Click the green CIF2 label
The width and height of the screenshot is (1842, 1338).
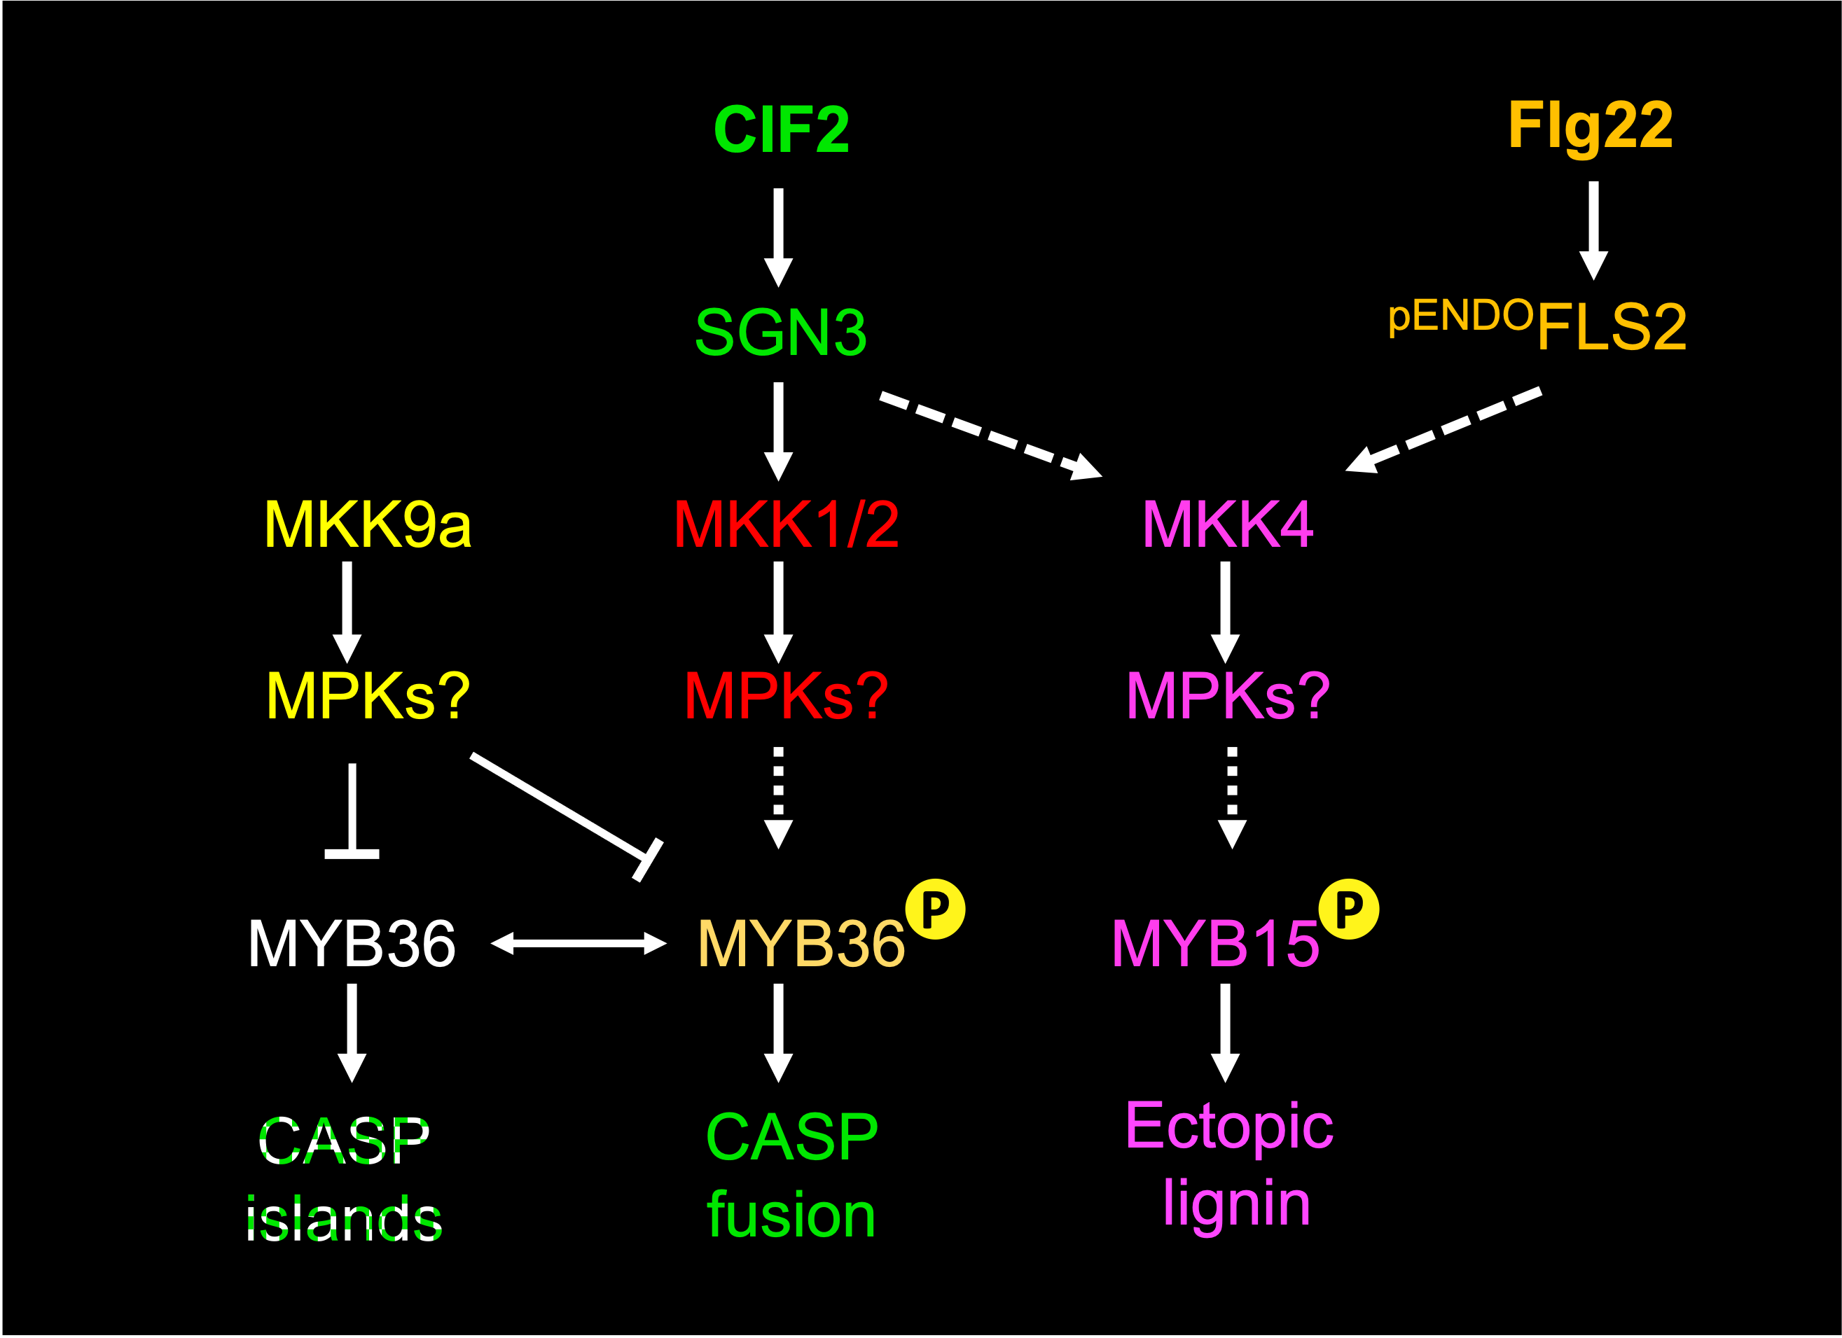pos(782,130)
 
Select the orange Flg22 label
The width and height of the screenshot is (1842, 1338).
pos(1591,128)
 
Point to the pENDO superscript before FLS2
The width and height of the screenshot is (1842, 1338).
pos(1460,317)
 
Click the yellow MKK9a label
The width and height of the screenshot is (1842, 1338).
pos(368,524)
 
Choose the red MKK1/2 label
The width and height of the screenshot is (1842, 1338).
pos(787,524)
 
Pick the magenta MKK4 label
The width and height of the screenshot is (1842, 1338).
pos(1227,524)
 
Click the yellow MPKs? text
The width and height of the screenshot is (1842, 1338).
pos(368,696)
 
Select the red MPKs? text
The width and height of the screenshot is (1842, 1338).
pos(787,696)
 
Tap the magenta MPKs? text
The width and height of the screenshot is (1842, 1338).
pos(1227,696)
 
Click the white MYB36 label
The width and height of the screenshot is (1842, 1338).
pos(352,943)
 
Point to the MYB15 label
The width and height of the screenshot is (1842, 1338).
pos(1215,943)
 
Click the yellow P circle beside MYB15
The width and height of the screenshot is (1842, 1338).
pos(1349,910)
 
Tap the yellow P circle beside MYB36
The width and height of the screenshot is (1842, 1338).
pos(936,910)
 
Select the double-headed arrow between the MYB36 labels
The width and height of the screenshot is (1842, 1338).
pos(579,942)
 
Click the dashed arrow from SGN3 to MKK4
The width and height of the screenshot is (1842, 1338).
pos(991,437)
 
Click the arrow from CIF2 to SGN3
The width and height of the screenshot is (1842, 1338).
pos(778,238)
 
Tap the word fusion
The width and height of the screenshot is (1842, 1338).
pos(791,1215)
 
